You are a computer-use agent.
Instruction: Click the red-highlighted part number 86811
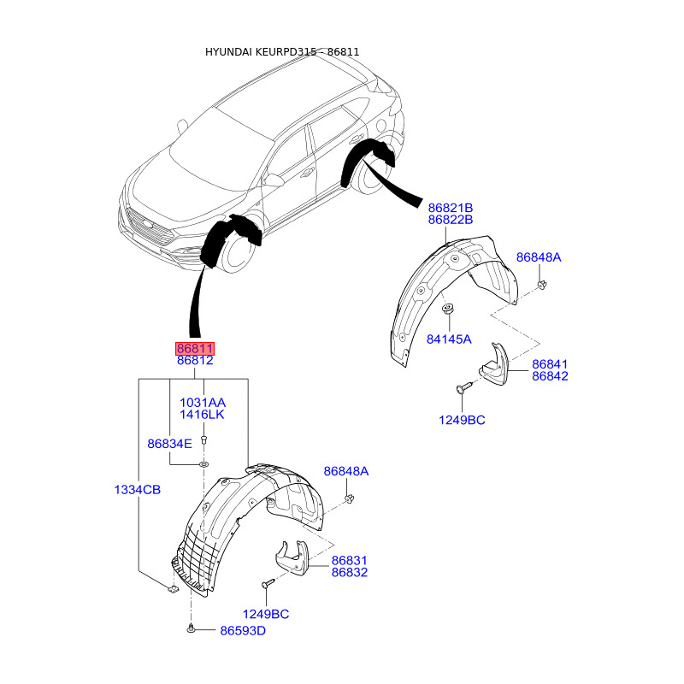pos(195,349)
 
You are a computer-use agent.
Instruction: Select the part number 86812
pos(195,362)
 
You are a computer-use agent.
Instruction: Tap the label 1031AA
pos(202,402)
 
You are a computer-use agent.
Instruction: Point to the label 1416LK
pos(202,415)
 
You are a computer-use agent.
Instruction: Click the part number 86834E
pos(169,444)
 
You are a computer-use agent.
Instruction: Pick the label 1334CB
pos(139,489)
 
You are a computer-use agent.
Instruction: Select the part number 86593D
pos(243,631)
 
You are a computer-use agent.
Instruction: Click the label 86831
pos(349,560)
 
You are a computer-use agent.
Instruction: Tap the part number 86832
pos(349,572)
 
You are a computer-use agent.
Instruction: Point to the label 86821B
pos(451,208)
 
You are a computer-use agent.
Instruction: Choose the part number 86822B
pos(451,220)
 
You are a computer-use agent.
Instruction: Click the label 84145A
pos(449,339)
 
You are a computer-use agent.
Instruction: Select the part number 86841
pos(550,363)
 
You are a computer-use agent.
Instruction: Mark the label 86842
pos(550,376)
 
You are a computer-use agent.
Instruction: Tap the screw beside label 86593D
pos(190,630)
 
